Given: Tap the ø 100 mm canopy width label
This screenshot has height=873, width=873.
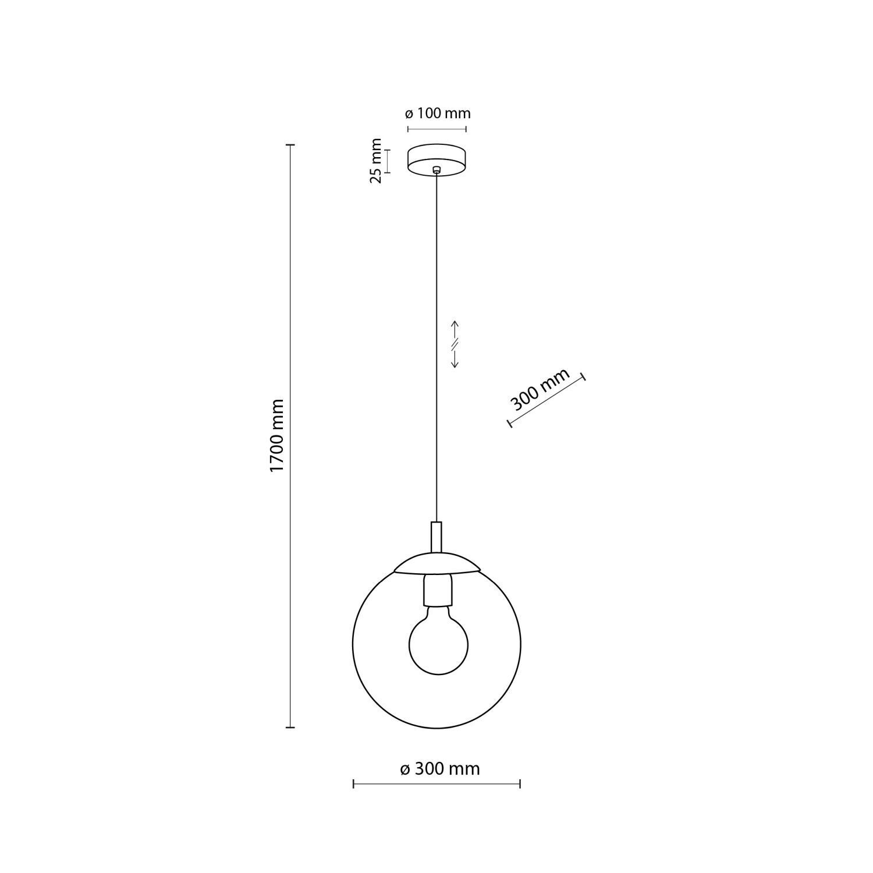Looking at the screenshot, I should click(438, 113).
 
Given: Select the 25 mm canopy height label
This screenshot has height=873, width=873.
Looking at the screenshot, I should click(376, 161).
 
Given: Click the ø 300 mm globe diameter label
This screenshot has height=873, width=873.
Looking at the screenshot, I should click(440, 769).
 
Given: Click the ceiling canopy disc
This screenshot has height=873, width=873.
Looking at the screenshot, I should click(437, 159).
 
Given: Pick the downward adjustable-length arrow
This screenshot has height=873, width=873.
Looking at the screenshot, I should click(456, 360).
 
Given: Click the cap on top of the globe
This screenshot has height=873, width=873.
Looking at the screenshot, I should click(437, 563).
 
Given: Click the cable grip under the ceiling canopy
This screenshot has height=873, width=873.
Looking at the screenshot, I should click(437, 170).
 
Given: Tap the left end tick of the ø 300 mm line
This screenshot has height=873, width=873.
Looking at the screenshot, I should click(354, 785).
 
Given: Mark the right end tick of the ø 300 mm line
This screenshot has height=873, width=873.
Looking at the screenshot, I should click(520, 785).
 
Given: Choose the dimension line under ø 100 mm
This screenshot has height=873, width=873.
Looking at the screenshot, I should click(437, 129).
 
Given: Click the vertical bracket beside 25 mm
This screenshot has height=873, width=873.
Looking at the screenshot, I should click(388, 161).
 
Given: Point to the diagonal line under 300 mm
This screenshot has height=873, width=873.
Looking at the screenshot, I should click(547, 402).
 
